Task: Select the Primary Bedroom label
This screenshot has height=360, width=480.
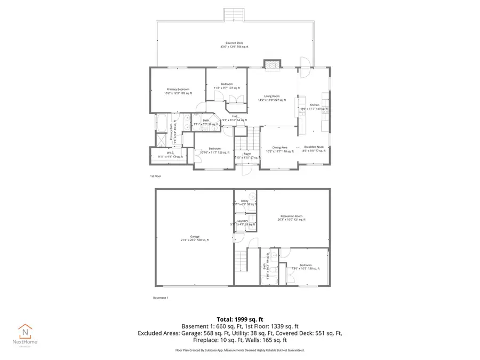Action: pyautogui.click(x=179, y=91)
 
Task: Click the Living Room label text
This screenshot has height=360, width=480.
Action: pyautogui.click(x=272, y=98)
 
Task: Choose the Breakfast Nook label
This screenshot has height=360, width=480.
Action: pyautogui.click(x=314, y=149)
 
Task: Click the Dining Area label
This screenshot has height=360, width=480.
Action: pyautogui.click(x=280, y=149)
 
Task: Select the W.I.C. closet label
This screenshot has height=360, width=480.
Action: pyautogui.click(x=170, y=154)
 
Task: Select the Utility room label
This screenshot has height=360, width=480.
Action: pyautogui.click(x=244, y=202)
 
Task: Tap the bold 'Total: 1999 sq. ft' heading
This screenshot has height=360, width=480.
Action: pyautogui.click(x=239, y=318)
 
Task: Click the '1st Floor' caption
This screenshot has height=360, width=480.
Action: pyautogui.click(x=155, y=175)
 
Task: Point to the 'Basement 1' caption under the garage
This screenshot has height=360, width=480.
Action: pyautogui.click(x=161, y=298)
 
